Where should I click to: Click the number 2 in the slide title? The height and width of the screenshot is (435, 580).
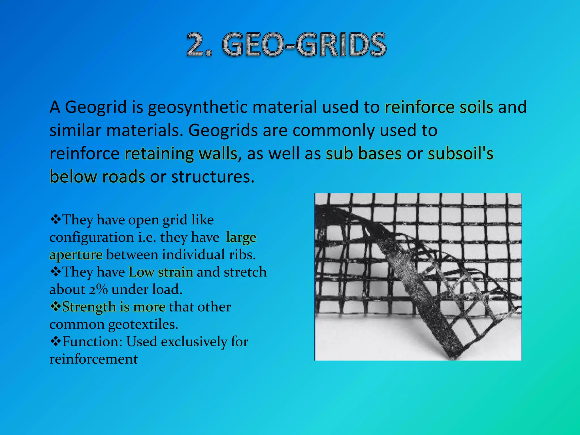click(196, 44)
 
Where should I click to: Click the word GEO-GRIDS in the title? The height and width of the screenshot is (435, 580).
click(304, 44)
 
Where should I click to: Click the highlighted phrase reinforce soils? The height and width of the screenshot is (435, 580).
click(439, 107)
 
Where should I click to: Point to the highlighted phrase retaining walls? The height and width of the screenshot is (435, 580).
click(181, 154)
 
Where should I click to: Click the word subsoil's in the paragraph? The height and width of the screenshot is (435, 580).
click(460, 154)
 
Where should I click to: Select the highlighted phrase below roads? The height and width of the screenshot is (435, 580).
click(97, 177)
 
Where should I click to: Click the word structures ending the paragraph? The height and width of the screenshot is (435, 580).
click(213, 177)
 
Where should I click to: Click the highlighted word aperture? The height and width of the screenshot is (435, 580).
click(76, 255)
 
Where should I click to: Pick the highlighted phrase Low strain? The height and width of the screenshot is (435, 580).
click(161, 272)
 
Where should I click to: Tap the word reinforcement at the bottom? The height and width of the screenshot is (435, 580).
click(94, 359)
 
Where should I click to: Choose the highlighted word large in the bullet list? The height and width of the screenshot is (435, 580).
click(241, 237)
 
